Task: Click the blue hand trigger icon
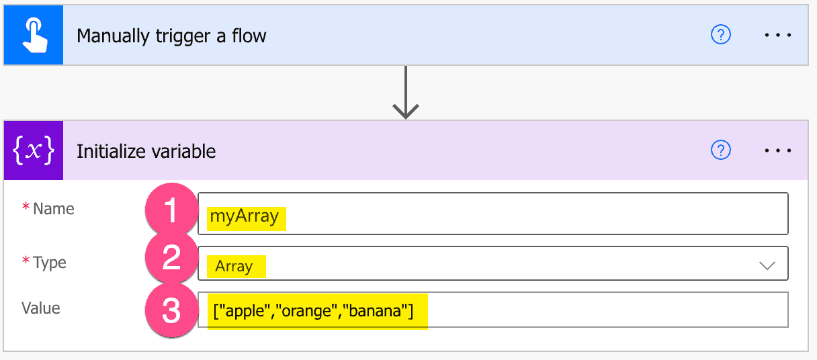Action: click(33, 36)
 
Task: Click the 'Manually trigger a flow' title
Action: click(171, 36)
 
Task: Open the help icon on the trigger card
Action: click(720, 35)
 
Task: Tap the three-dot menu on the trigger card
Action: click(778, 35)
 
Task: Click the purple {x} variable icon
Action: click(33, 151)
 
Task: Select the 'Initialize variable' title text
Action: click(146, 151)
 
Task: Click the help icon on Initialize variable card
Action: click(720, 150)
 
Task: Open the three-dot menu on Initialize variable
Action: click(778, 150)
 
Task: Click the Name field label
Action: click(53, 209)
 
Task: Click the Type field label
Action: click(49, 262)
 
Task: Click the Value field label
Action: click(41, 308)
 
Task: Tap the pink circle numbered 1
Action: click(171, 211)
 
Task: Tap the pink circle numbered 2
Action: click(171, 259)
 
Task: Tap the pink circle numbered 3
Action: click(171, 311)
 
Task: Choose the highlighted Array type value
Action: click(234, 267)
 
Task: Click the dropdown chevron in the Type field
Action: click(767, 265)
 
